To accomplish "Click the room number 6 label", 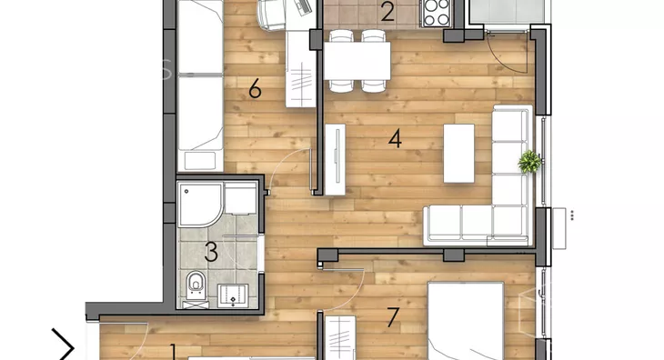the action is pyautogui.click(x=255, y=89).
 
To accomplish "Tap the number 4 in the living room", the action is pyautogui.click(x=395, y=139).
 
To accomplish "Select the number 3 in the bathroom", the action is pyautogui.click(x=211, y=252).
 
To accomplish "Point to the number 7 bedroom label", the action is pyautogui.click(x=393, y=317).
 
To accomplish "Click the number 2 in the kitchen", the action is pyautogui.click(x=387, y=12).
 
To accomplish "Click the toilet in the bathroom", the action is pyautogui.click(x=196, y=285).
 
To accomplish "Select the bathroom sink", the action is pyautogui.click(x=233, y=295).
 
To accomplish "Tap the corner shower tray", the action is pyautogui.click(x=200, y=205).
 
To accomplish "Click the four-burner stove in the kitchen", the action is pyautogui.click(x=436, y=13).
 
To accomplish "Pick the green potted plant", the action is pyautogui.click(x=529, y=162).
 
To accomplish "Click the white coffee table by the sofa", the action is pyautogui.click(x=458, y=153).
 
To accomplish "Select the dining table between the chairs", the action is pyautogui.click(x=357, y=61).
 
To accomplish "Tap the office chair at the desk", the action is pyautogui.click(x=272, y=15).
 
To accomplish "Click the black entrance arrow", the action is pyautogui.click(x=64, y=347).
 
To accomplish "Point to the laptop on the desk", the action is pyautogui.click(x=304, y=7).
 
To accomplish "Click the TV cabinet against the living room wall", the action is pyautogui.click(x=336, y=159).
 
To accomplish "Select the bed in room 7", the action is pyautogui.click(x=466, y=321).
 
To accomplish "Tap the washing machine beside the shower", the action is pyautogui.click(x=240, y=198).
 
